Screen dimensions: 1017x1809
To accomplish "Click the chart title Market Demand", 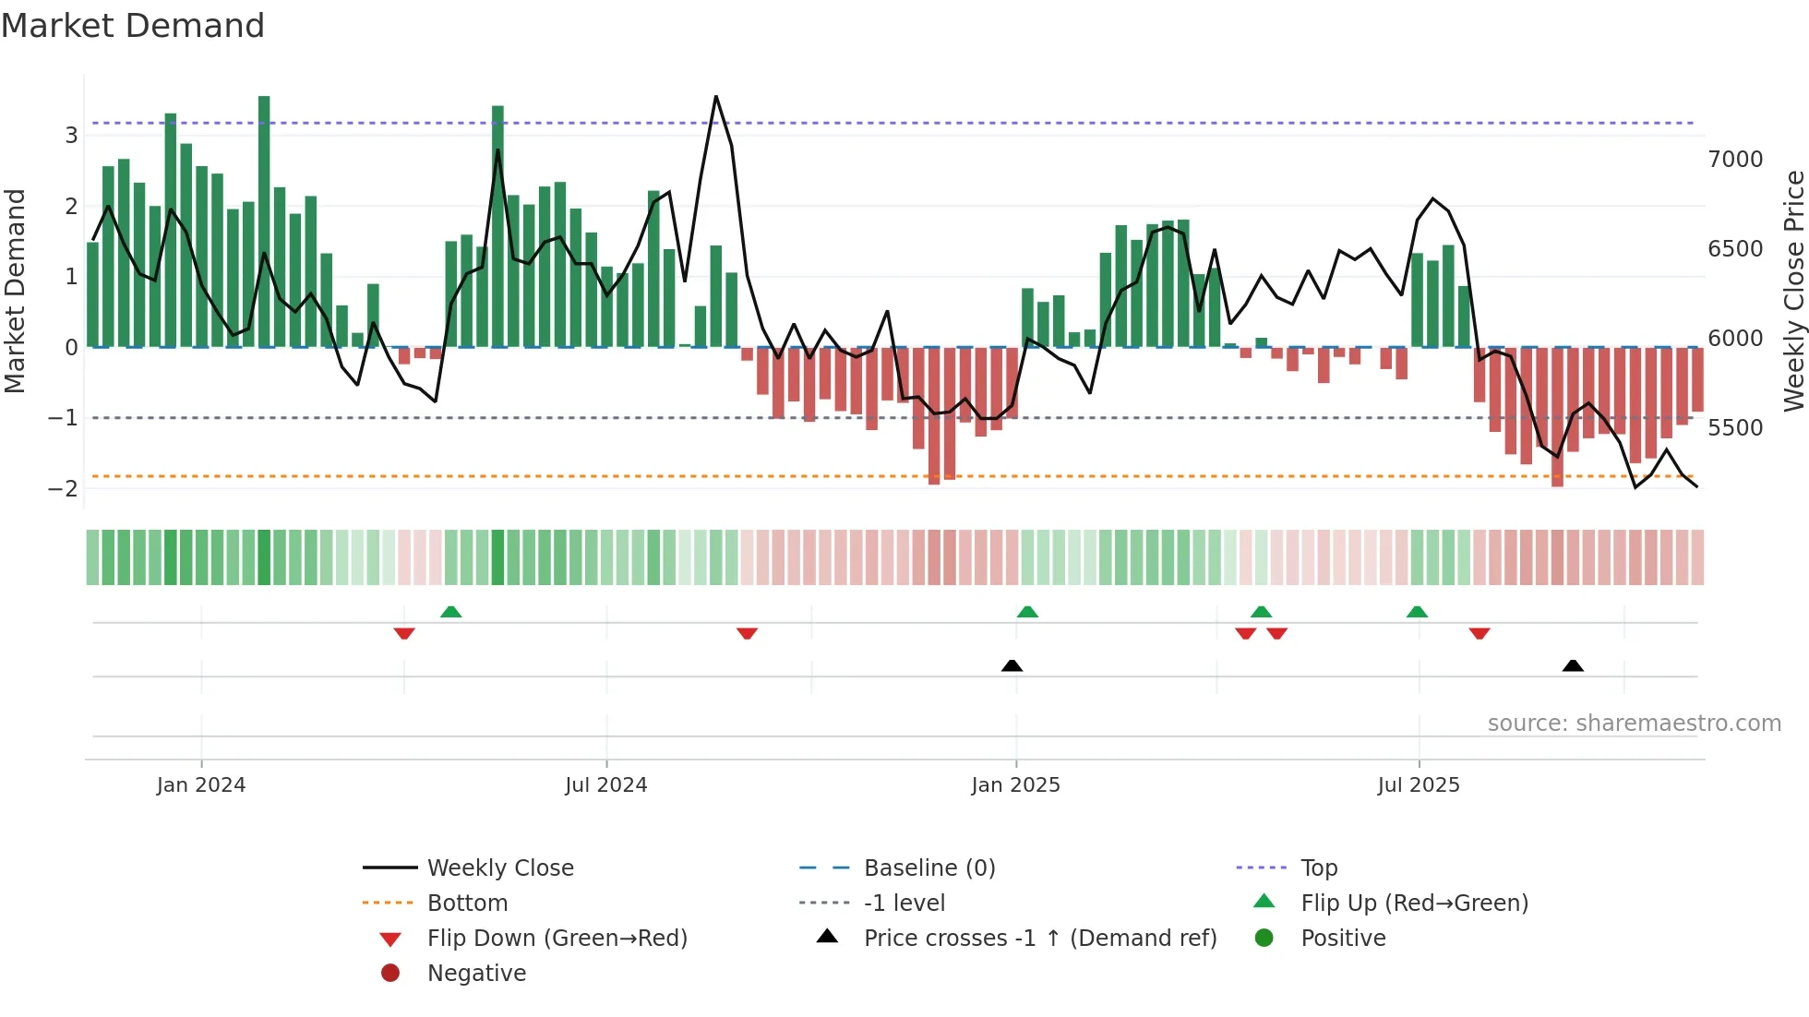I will (x=133, y=26).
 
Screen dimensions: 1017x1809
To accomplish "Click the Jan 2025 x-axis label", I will (x=1015, y=785).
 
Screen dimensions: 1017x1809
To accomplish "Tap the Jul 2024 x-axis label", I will (x=605, y=785).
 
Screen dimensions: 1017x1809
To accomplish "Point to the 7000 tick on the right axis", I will (x=1735, y=160).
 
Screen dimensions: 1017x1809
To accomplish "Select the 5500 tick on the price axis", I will (x=1735, y=428).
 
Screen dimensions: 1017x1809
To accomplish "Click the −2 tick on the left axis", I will (x=63, y=488).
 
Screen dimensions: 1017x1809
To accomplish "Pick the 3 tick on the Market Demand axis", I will (x=71, y=136).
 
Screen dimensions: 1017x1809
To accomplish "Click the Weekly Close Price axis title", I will (x=1793, y=291).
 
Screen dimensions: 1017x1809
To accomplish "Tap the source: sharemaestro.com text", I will (x=1634, y=724).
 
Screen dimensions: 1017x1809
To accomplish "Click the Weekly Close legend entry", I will (x=499, y=868).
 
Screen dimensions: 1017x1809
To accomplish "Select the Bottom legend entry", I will (x=467, y=903).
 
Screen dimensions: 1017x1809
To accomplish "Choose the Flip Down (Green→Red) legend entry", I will (x=557, y=939).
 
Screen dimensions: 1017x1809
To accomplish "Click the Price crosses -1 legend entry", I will (x=1039, y=939).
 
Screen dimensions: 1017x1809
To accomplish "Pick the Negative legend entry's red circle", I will (x=390, y=974).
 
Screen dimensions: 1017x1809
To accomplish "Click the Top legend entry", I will (x=1318, y=868).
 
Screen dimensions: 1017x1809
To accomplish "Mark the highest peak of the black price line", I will (x=715, y=97).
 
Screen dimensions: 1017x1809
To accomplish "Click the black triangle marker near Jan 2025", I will (x=1012, y=665).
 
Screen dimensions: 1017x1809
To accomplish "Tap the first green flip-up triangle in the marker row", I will (x=450, y=612).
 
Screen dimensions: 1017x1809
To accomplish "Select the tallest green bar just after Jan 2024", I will (x=264, y=221).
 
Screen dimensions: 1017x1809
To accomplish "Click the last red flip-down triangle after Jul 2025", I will (x=1480, y=633).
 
